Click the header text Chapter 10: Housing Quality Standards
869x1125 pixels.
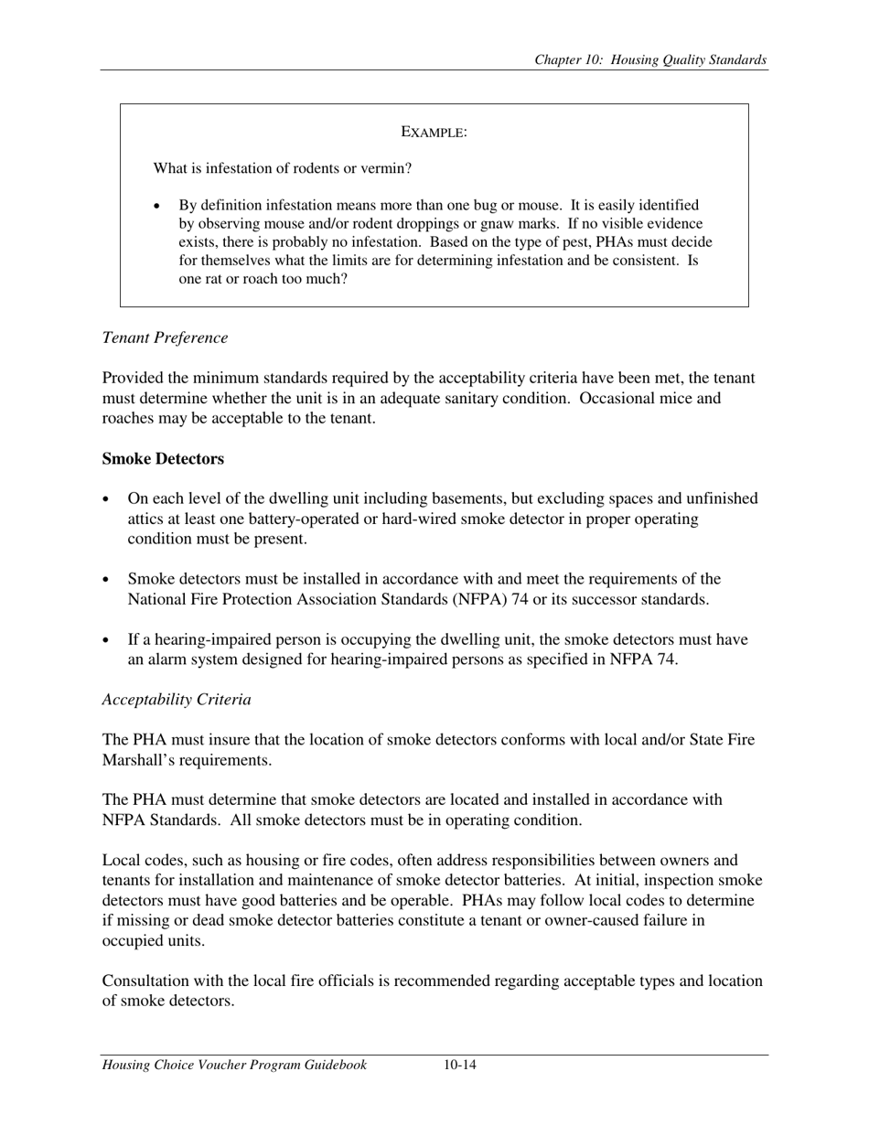point(650,60)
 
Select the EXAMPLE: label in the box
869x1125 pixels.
point(434,133)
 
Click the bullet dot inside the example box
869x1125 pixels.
point(158,206)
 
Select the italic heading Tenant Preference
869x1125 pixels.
point(165,337)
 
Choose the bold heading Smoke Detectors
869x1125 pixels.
point(163,458)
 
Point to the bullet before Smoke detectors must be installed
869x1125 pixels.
point(107,580)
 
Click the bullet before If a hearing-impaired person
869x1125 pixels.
point(107,640)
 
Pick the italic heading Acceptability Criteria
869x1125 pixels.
point(176,700)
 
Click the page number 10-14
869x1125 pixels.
point(460,1065)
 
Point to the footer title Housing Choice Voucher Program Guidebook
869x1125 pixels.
point(234,1065)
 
